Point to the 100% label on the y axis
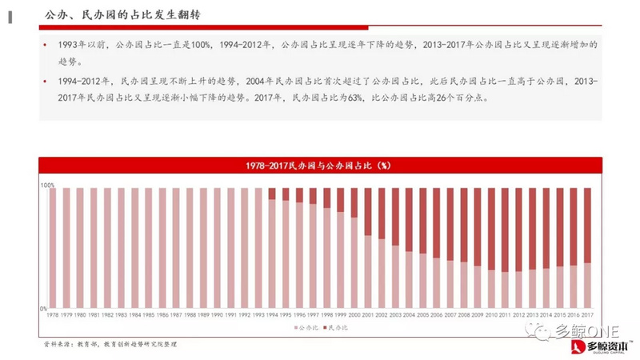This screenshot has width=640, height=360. (47, 185)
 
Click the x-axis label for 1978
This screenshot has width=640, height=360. (53, 316)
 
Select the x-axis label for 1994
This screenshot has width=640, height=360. (272, 316)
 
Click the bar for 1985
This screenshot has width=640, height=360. (149, 249)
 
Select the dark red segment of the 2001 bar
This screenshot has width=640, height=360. (368, 212)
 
